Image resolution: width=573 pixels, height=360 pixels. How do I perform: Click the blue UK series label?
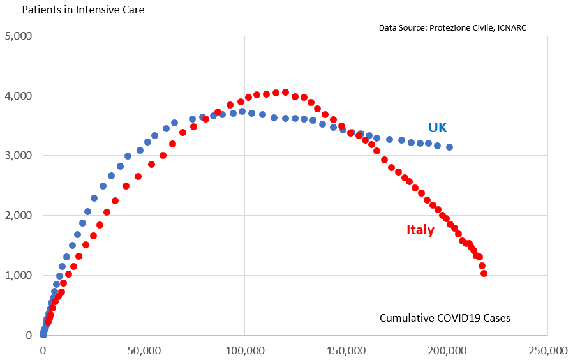click(x=438, y=127)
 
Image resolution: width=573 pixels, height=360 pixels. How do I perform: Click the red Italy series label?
click(x=420, y=230)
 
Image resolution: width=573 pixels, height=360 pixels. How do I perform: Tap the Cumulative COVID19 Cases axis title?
click(x=445, y=318)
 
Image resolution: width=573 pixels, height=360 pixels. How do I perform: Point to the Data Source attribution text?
click(x=452, y=27)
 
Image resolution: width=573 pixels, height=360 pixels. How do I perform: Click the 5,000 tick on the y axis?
click(x=19, y=36)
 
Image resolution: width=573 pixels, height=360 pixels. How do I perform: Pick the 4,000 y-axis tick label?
click(x=19, y=96)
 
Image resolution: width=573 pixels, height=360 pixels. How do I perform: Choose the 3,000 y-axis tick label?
click(x=19, y=156)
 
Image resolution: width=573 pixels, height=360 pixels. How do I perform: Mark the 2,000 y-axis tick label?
click(x=19, y=216)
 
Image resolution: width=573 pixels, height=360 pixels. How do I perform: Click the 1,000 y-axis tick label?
click(x=19, y=275)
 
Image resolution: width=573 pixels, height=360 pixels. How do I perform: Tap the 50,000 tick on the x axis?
click(x=144, y=350)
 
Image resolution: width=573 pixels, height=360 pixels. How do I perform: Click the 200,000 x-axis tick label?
click(x=447, y=350)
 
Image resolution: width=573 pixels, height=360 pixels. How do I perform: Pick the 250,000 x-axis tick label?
click(x=547, y=350)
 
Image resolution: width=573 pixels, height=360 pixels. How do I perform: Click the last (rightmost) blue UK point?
click(x=449, y=147)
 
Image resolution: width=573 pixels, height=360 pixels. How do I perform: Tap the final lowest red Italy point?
click(x=484, y=273)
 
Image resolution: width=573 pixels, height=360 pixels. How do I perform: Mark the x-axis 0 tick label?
click(x=43, y=350)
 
